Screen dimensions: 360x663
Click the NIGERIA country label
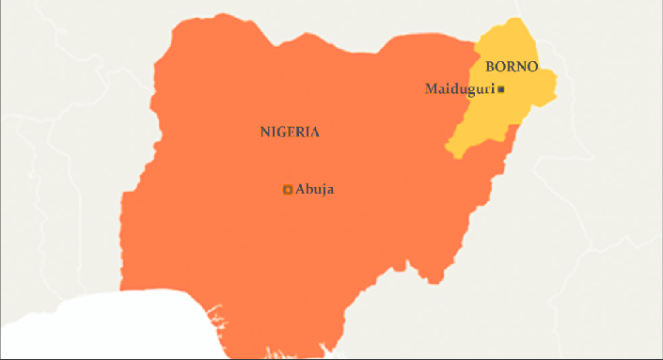(290, 133)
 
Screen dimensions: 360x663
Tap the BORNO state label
(512, 68)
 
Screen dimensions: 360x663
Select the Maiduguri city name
(459, 89)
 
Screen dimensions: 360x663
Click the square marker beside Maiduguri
(501, 89)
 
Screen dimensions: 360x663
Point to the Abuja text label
(315, 190)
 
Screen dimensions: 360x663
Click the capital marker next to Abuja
(288, 190)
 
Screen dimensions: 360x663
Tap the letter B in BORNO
(490, 68)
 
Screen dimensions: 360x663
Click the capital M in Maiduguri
(432, 89)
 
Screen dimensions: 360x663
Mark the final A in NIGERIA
(314, 133)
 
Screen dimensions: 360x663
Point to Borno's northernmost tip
(513, 20)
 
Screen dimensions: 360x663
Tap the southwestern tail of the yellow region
(453, 151)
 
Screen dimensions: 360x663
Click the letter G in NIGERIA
(281, 133)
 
